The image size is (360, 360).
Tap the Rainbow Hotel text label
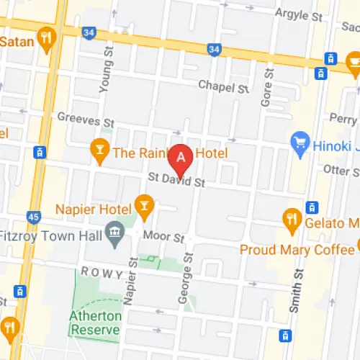pyautogui.click(x=170, y=153)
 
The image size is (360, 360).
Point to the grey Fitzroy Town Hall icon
pyautogui.click(x=114, y=233)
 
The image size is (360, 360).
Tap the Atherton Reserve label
pyautogui.click(x=94, y=323)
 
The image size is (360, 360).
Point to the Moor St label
pyautogui.click(x=164, y=236)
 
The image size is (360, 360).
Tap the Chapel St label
pyautogui.click(x=223, y=87)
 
